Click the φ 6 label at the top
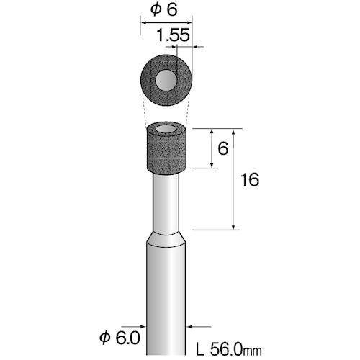[164, 11]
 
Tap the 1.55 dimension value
[173, 35]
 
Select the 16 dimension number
[250, 179]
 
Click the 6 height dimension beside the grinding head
[223, 148]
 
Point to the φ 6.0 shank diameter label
[120, 338]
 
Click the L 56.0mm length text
[229, 350]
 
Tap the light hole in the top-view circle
[166, 80]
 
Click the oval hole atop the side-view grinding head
[166, 130]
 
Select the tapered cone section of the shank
[166, 239]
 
